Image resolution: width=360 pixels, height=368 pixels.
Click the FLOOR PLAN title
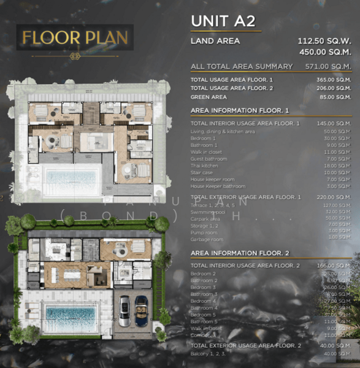(x=75, y=38)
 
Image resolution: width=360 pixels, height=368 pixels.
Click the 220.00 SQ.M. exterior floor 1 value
(x=334, y=197)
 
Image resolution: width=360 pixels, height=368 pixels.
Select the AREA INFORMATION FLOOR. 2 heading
(x=239, y=252)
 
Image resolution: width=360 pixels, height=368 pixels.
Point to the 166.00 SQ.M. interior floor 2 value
(x=334, y=266)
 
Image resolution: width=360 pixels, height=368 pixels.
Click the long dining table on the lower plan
(x=67, y=272)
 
